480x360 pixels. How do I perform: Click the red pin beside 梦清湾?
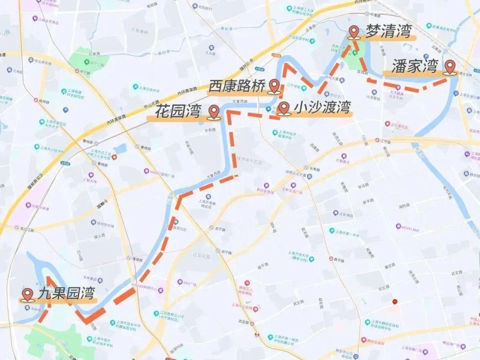(354, 32)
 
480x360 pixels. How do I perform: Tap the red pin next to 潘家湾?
(451, 67)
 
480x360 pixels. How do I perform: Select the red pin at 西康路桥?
(275, 85)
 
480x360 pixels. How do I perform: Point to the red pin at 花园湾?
(215, 112)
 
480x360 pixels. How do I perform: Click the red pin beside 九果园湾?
(28, 294)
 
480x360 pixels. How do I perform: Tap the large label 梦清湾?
(388, 32)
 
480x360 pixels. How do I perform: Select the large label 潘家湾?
(415, 67)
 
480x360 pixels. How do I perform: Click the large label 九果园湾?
(67, 294)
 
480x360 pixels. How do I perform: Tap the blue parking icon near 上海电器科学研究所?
(65, 110)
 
